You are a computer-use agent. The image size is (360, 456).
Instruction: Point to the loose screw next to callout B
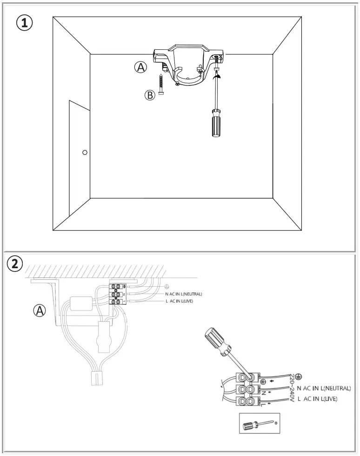[160, 84]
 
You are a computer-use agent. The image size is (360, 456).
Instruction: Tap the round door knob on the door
[84, 152]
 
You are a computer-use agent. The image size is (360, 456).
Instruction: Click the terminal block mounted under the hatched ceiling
[118, 294]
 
